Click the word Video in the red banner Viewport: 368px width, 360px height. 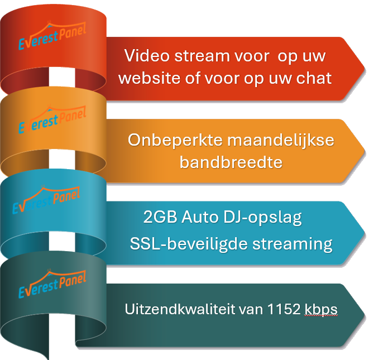(x=143, y=56)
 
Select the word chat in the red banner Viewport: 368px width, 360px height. (x=314, y=78)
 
